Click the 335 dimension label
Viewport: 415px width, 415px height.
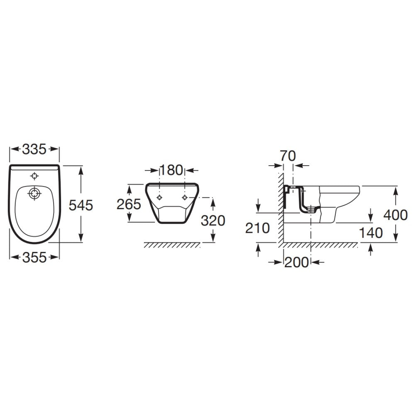[34, 149]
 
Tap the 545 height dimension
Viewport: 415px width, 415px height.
[81, 205]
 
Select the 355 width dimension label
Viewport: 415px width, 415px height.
[34, 258]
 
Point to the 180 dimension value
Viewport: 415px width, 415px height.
[171, 170]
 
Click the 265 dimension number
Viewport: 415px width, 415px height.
[129, 204]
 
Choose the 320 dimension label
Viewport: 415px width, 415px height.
[213, 220]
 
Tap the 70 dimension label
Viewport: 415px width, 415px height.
[288, 156]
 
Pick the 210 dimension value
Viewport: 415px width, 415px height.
[257, 228]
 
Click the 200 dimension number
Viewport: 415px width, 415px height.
[296, 263]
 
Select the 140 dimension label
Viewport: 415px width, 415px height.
[371, 233]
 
